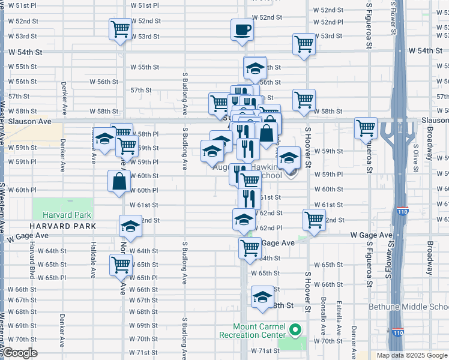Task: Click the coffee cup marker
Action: pos(242,30)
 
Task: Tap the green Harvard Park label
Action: pos(67,215)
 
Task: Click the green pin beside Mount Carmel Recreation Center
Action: pos(295,330)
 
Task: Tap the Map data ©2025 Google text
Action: pos(411,355)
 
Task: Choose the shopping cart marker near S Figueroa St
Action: pos(366,128)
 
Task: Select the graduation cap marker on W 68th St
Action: pos(262,298)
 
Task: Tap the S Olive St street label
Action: pos(415,153)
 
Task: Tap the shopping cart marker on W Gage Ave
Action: pos(250,247)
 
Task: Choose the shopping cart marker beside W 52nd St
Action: pos(121,29)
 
